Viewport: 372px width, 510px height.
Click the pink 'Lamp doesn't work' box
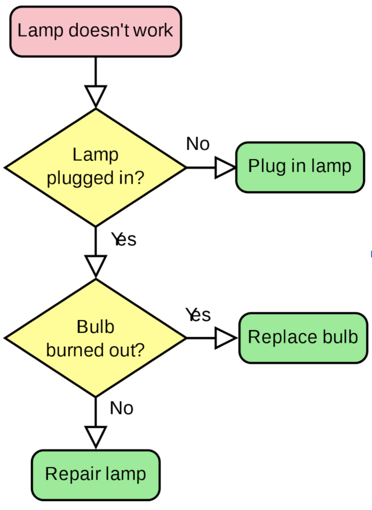point(95,31)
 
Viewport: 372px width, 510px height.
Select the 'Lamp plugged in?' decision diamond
point(95,167)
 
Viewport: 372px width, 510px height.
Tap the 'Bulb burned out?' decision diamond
point(95,338)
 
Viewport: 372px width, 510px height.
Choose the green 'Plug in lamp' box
point(300,167)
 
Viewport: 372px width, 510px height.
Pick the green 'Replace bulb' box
point(303,338)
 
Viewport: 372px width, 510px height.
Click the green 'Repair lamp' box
point(95,474)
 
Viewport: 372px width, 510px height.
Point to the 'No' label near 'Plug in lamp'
point(198,143)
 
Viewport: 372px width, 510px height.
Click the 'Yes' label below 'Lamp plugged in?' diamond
point(124,239)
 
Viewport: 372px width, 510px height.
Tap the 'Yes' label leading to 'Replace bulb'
point(198,314)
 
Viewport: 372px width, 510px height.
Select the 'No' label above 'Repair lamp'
point(121,408)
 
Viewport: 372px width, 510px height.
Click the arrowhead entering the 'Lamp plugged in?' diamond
point(96,96)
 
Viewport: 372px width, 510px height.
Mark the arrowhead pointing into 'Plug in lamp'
point(225,168)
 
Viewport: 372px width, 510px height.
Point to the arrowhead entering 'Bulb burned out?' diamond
point(96,266)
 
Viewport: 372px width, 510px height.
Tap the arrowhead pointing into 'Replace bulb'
point(225,338)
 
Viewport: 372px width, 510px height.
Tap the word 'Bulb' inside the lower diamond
point(95,327)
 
